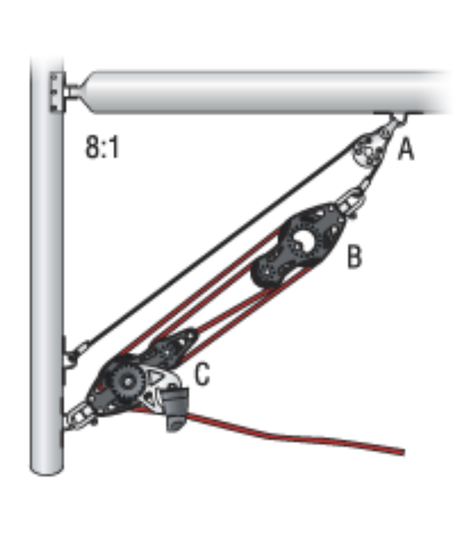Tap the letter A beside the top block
406,149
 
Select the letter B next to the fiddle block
354,257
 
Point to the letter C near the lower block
202,374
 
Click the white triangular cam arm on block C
158,384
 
